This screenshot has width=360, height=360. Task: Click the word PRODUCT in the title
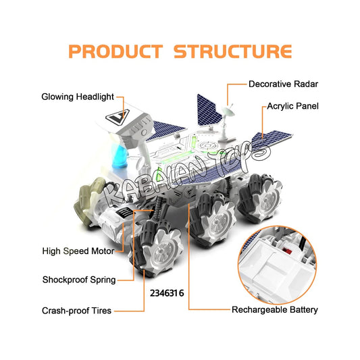[x=115, y=51]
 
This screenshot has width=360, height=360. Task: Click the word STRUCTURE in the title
[x=233, y=51]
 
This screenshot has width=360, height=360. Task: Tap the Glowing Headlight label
[x=78, y=97]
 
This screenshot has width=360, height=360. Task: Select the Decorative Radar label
[x=283, y=84]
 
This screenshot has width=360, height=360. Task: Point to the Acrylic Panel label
[x=292, y=106]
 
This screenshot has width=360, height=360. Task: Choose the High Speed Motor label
[x=78, y=251]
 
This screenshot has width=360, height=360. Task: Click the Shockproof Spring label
[x=79, y=280]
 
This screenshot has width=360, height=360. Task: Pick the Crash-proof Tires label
[x=77, y=311]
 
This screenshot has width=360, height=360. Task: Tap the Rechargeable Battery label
[x=275, y=310]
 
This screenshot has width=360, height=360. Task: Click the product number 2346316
[x=167, y=293]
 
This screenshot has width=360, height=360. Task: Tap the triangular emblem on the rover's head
[x=118, y=117]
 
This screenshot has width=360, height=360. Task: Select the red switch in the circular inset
[x=287, y=251]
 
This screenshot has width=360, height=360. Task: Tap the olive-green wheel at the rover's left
[x=88, y=199]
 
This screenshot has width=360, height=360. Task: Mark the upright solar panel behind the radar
[x=208, y=111]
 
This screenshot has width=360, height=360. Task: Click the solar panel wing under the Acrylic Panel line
[x=272, y=138]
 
